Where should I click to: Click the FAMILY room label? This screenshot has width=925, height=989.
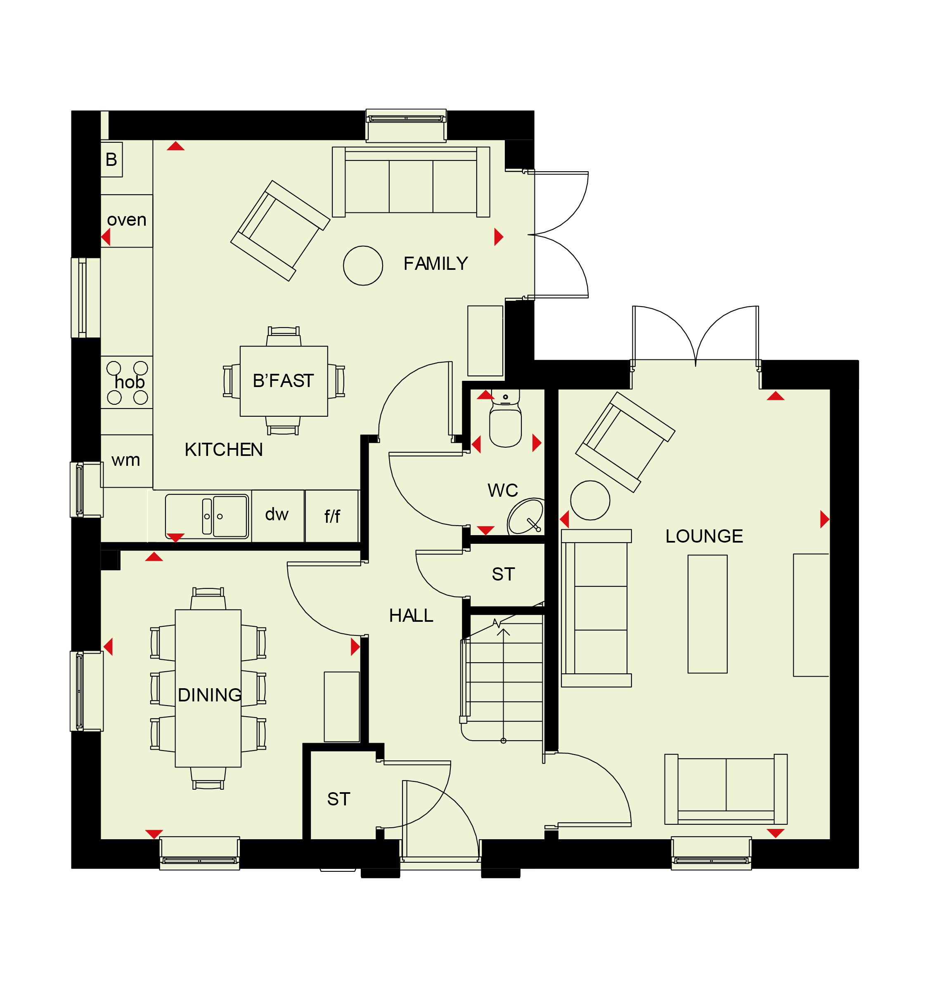pyautogui.click(x=435, y=263)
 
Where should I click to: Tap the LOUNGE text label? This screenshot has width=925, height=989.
pyautogui.click(x=704, y=536)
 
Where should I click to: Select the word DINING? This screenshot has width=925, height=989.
pyautogui.click(x=210, y=695)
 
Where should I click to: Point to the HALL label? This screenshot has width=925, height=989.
pyautogui.click(x=411, y=615)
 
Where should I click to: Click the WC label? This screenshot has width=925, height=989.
pyautogui.click(x=503, y=491)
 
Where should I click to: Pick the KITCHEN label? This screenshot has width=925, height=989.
pyautogui.click(x=223, y=450)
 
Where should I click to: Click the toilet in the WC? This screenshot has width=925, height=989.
pyautogui.click(x=505, y=418)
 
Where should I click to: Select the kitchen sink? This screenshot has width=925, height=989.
pyautogui.click(x=206, y=517)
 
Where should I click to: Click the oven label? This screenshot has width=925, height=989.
pyautogui.click(x=127, y=220)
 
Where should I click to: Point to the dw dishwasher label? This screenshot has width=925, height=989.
pyautogui.click(x=277, y=514)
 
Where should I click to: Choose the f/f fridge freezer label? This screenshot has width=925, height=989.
pyautogui.click(x=332, y=517)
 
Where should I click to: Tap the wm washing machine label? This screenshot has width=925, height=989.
pyautogui.click(x=126, y=460)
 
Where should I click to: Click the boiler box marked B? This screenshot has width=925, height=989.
pyautogui.click(x=111, y=160)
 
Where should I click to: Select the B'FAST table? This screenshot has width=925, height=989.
pyautogui.click(x=284, y=381)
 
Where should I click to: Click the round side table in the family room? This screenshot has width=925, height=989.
pyautogui.click(x=363, y=266)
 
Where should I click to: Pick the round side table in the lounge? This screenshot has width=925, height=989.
pyautogui.click(x=590, y=500)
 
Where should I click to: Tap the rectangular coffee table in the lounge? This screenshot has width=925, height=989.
pyautogui.click(x=707, y=614)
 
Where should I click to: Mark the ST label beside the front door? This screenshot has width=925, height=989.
pyautogui.click(x=339, y=799)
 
